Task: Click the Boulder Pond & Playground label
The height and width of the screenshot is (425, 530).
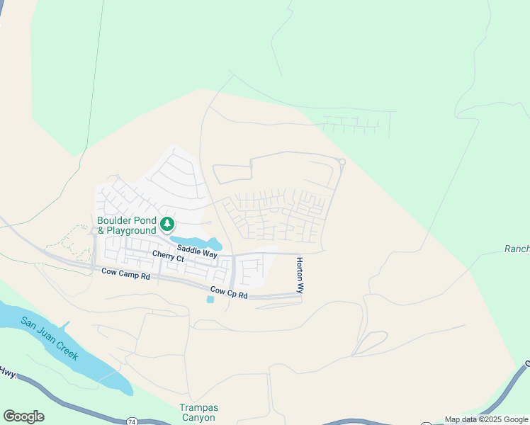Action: pos(126,225)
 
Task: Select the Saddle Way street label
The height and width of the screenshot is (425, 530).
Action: pos(197,251)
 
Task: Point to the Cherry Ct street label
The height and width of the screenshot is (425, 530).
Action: pos(168,256)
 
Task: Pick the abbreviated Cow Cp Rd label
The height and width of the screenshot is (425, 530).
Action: pos(229,292)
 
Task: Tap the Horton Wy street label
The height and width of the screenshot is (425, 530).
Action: pos(300,276)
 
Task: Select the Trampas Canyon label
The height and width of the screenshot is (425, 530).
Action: pos(198,413)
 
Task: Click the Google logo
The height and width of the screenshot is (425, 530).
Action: pos(23,416)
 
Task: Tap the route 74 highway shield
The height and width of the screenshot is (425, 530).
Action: pos(132,421)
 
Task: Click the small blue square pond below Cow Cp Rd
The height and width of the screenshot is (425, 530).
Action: pos(210,300)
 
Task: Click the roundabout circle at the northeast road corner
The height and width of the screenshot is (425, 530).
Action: pos(342,162)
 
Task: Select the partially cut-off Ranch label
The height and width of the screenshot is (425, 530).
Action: pos(517,249)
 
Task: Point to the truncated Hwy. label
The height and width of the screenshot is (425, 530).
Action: pos(7,371)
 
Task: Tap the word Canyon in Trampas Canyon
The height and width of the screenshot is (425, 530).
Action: pos(198,418)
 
